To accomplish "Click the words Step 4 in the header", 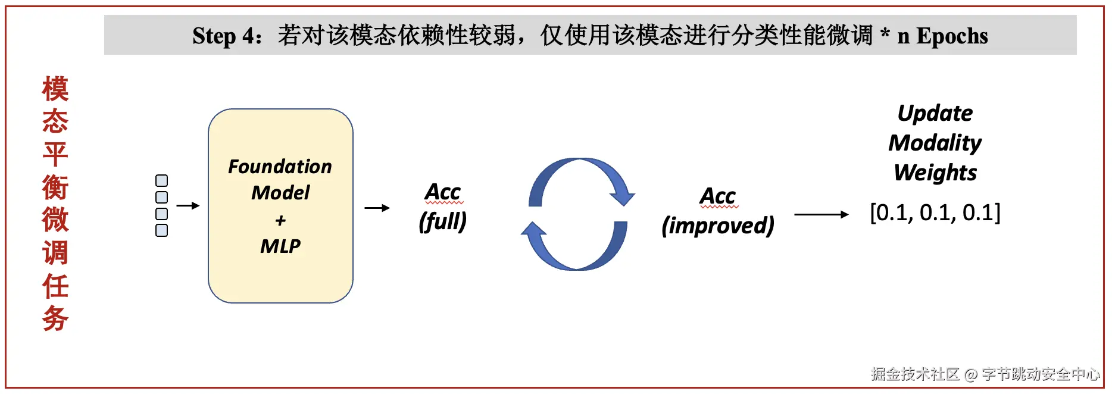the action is (226, 36).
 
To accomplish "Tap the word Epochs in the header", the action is (952, 36).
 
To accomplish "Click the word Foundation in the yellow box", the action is (280, 167).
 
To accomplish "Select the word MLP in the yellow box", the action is (280, 246).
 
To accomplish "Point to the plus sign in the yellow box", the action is (280, 221).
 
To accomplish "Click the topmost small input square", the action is (161, 180).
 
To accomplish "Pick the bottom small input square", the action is (161, 230).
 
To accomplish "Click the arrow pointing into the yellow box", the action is (188, 206).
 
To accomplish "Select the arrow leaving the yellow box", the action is (377, 208).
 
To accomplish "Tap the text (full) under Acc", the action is (442, 221).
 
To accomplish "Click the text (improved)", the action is (718, 226).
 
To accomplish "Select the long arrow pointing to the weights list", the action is (821, 214).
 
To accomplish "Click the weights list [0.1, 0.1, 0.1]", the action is (935, 212).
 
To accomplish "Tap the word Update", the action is (935, 113).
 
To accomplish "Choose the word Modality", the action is (935, 143).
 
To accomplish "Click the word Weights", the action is (935, 173).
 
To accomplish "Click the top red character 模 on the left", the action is (55, 89).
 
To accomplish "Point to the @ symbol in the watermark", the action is (971, 374).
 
